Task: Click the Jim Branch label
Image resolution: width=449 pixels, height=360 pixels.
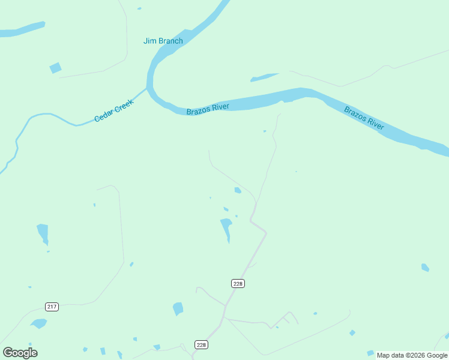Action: (163, 41)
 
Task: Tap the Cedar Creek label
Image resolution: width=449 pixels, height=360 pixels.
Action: (113, 110)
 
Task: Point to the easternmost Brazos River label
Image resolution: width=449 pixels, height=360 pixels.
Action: (364, 118)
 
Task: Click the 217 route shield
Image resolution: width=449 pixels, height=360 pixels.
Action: (52, 307)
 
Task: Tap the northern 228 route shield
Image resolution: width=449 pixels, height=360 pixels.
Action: (238, 283)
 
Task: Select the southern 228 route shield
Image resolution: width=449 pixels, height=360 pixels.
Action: (201, 344)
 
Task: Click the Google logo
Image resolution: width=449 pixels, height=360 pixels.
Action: (20, 352)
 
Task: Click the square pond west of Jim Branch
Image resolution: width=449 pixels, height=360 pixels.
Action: (55, 68)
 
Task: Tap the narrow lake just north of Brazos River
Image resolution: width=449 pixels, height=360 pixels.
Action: (264, 77)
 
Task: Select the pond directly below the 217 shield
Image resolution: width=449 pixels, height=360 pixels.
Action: (39, 323)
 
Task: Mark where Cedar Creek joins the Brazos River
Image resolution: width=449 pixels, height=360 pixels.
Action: (148, 89)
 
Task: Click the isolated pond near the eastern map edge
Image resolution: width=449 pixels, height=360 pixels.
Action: (425, 267)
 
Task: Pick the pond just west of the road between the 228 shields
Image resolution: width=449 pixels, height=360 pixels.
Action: (178, 308)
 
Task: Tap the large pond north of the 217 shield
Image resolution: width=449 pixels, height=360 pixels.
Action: (43, 233)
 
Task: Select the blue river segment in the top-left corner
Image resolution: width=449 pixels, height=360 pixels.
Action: (21, 29)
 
